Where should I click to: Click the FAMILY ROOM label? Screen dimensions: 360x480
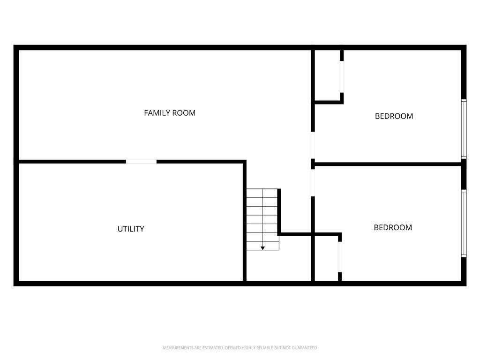(170, 113)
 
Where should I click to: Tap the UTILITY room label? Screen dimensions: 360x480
(131, 229)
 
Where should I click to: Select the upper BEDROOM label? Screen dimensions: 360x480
(394, 116)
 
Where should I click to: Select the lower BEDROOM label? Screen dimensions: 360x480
(393, 228)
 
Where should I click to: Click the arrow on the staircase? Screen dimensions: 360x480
(262, 247)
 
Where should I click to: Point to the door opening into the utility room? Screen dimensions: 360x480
(141, 162)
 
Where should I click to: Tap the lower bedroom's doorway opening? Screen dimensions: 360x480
(313, 182)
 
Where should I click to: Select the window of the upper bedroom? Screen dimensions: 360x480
(464, 129)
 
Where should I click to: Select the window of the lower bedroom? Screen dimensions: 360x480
(464, 223)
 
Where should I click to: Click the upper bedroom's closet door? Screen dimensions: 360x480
(342, 77)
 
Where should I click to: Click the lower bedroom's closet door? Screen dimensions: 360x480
(339, 256)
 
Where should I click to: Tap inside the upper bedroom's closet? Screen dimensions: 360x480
(327, 75)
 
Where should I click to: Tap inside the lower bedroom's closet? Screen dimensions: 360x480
(326, 259)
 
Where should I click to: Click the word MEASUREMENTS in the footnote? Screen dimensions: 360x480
(177, 348)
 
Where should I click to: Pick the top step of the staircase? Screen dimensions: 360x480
(262, 193)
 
